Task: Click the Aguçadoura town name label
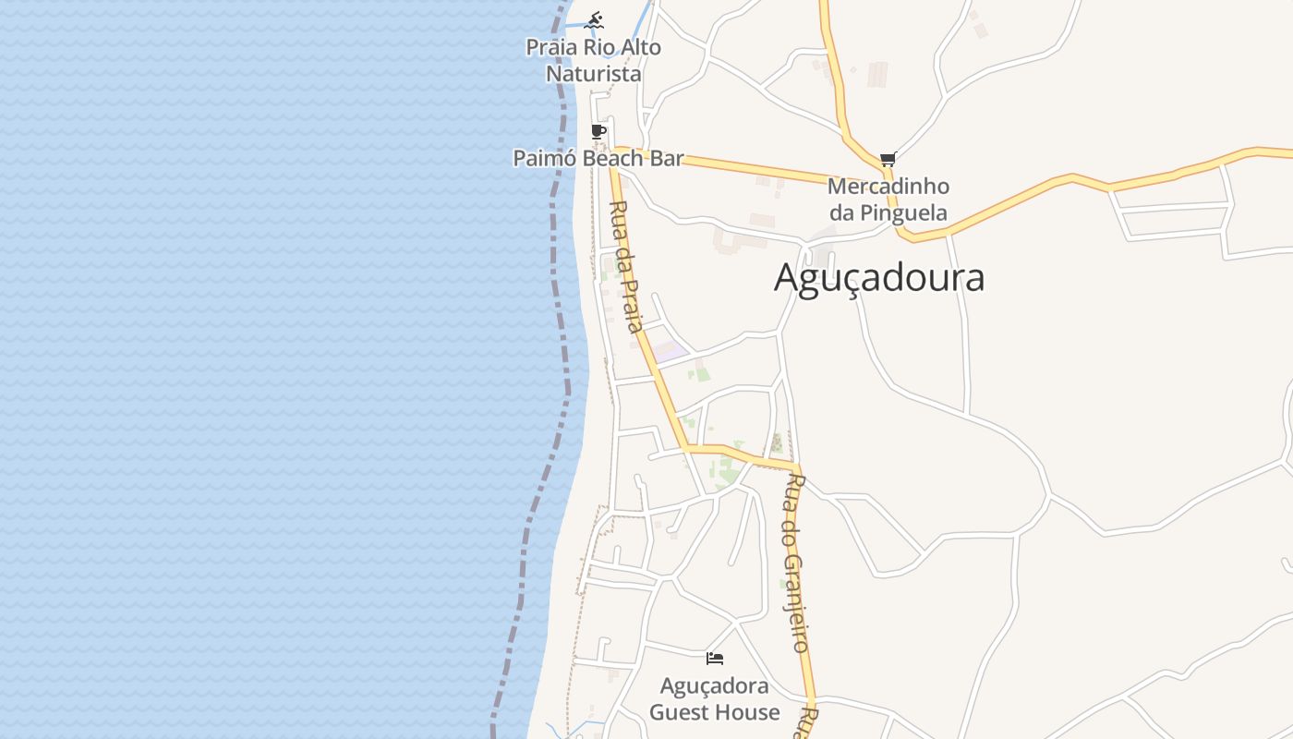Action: (x=878, y=277)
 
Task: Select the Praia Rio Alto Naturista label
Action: (x=593, y=60)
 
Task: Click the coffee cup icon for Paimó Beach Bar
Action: (x=598, y=131)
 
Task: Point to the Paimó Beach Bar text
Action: (x=598, y=158)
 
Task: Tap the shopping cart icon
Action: (x=888, y=159)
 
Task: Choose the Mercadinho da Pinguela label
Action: (x=888, y=200)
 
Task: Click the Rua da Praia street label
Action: (x=626, y=266)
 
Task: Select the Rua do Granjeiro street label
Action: (x=795, y=563)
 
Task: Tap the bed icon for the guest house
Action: (x=714, y=659)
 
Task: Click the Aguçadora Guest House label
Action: (x=714, y=699)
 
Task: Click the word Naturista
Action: (x=593, y=74)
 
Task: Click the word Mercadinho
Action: (x=888, y=187)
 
